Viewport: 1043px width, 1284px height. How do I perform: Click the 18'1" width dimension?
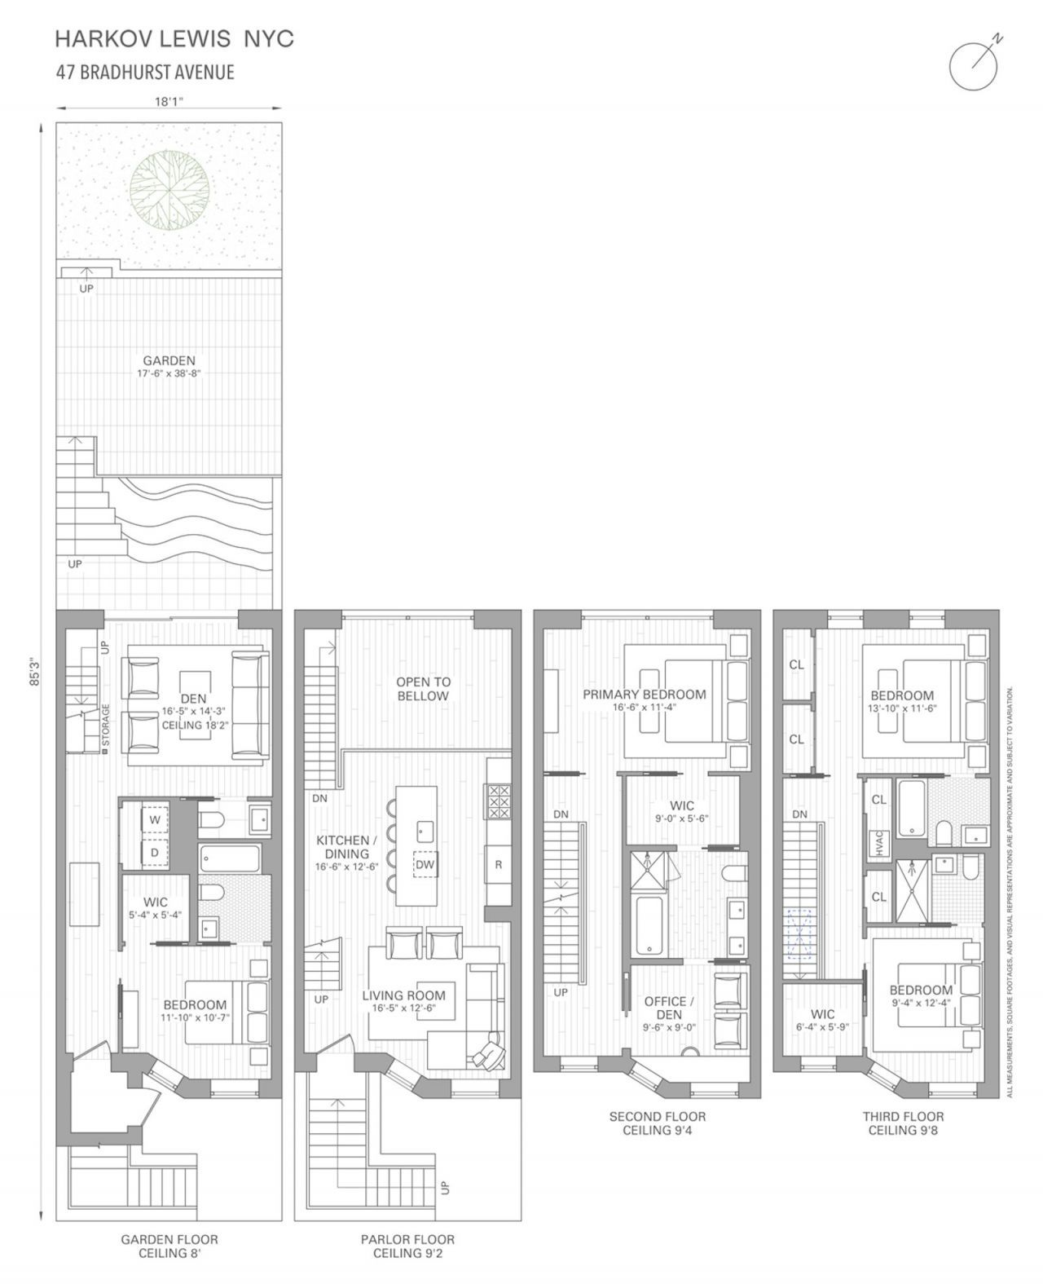[169, 101]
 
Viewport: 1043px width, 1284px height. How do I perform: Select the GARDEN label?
[169, 360]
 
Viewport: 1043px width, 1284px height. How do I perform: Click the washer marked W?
[156, 820]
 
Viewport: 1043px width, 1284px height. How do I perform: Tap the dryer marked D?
[156, 853]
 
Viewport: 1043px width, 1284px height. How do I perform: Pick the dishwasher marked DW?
[425, 864]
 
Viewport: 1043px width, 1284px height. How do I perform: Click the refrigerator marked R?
[499, 864]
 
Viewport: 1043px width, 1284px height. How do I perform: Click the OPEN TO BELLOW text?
[423, 688]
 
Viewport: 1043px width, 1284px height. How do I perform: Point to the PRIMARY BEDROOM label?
[644, 695]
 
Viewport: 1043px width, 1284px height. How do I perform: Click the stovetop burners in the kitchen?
[499, 801]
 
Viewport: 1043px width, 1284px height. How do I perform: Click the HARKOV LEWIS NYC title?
[174, 39]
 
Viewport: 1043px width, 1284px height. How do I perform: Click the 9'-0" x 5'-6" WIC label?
[682, 818]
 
